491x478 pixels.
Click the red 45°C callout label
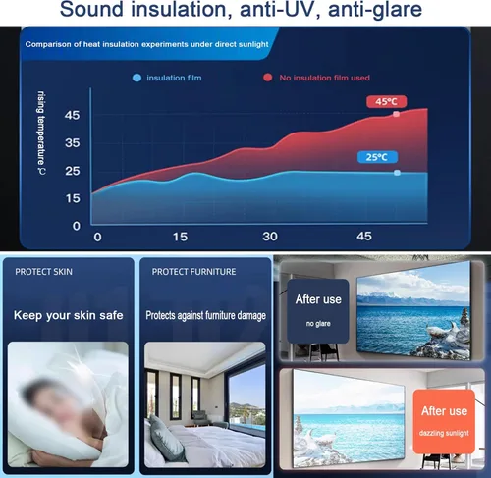point(387,101)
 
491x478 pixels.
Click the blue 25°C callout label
point(377,157)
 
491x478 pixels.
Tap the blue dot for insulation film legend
point(136,78)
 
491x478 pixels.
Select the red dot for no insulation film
point(268,78)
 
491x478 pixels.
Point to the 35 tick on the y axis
point(73,143)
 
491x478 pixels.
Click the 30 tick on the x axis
point(270,237)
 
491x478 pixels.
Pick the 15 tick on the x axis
point(181,237)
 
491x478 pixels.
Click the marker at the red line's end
point(396,114)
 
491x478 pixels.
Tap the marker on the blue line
point(397,173)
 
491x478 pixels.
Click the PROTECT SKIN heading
point(44,272)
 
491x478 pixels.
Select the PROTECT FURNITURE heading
point(193,272)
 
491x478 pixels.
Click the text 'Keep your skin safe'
point(69,315)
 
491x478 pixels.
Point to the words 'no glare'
point(318,324)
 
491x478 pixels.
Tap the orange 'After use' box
point(444,421)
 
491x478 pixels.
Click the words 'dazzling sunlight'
point(444,433)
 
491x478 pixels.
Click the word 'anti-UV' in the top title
point(279,9)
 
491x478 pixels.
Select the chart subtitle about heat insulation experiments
point(146,44)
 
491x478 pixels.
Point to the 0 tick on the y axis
point(77,226)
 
